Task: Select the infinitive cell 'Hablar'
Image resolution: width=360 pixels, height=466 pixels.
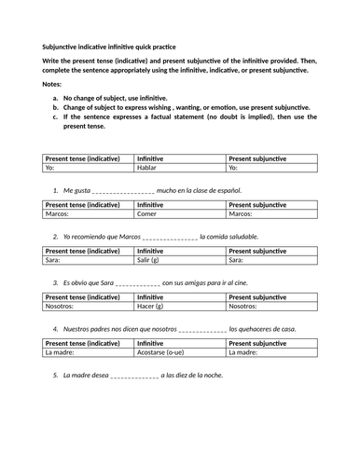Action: pyautogui.click(x=151, y=168)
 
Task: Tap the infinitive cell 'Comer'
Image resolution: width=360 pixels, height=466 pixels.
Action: pyautogui.click(x=151, y=213)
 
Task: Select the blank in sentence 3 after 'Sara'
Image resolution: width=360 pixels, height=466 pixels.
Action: pyautogui.click(x=133, y=283)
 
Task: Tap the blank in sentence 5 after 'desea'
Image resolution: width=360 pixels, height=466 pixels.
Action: pyautogui.click(x=133, y=376)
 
